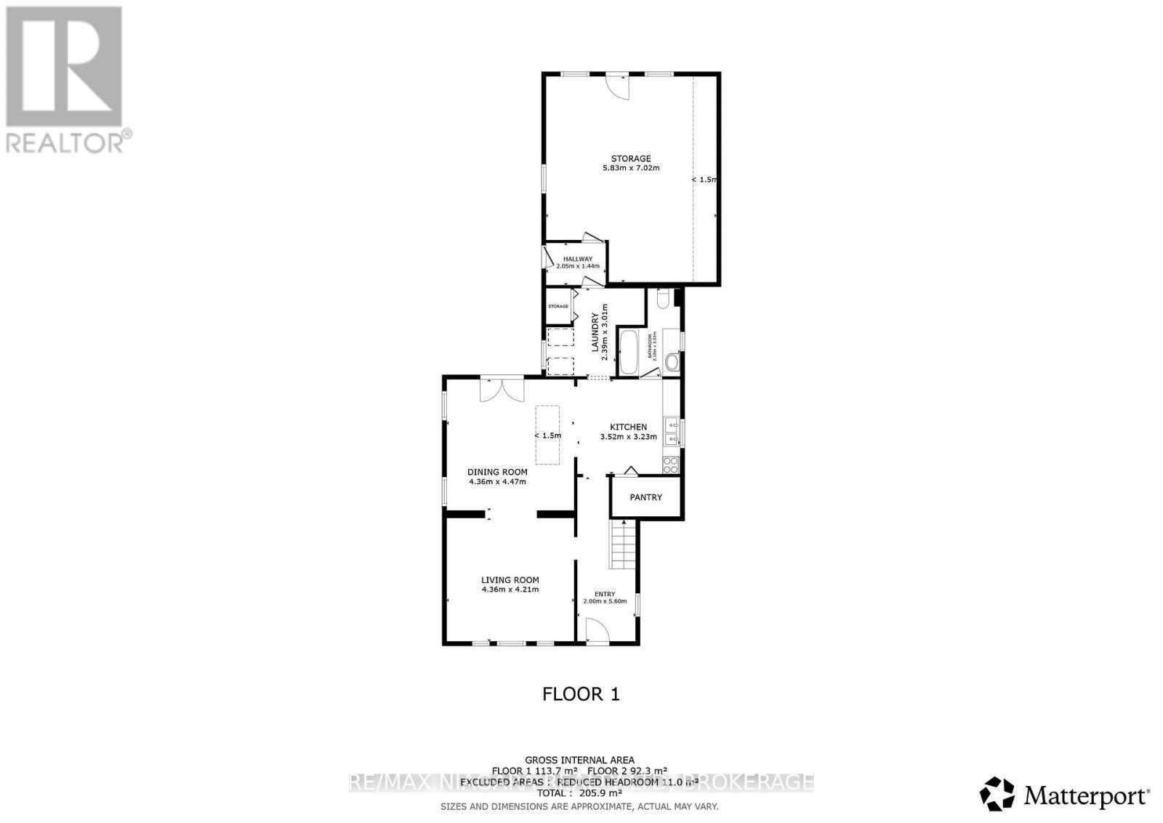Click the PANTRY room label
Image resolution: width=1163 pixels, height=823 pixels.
645,497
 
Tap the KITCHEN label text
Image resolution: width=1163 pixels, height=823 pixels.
628,427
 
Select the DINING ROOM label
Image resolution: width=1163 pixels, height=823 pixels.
497,472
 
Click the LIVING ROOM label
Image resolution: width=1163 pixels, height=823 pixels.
510,580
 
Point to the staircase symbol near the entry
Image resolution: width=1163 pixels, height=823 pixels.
623,545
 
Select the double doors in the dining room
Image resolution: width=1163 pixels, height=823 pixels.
502,390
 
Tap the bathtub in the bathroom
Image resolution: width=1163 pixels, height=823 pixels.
627,353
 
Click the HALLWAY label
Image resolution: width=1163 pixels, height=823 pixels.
577,259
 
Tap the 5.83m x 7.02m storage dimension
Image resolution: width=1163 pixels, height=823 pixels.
630,168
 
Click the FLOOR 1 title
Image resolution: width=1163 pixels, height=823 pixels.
581,694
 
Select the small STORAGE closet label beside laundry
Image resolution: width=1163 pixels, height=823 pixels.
558,306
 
